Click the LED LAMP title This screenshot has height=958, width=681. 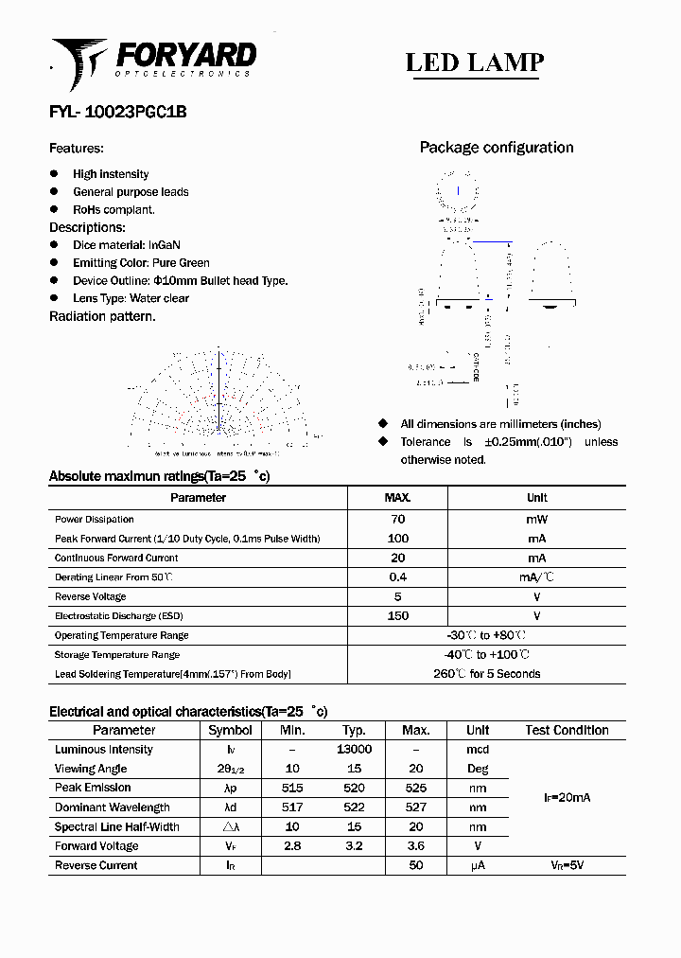point(474,62)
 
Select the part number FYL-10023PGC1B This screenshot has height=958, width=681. point(117,111)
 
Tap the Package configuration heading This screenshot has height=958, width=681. point(496,148)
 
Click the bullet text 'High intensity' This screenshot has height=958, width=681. point(111,174)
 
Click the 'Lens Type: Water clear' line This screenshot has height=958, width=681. point(131,298)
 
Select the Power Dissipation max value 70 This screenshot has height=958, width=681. point(397,519)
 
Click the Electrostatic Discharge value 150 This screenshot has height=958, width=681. point(397,616)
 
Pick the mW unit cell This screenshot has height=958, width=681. point(536,519)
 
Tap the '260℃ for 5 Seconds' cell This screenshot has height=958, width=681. point(487,674)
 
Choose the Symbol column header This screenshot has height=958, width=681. point(230,730)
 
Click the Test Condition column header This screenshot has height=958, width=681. point(567,730)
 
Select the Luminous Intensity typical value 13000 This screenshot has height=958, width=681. point(354,749)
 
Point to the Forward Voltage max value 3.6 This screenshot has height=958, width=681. point(415,846)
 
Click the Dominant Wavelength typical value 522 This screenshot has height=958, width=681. point(354,807)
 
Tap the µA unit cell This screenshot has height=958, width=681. point(478,866)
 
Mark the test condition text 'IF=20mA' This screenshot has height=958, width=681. point(567,798)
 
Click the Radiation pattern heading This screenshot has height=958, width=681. point(102,316)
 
